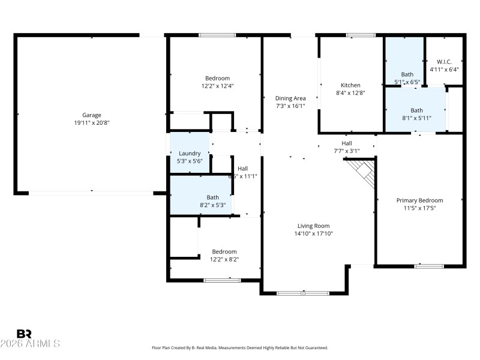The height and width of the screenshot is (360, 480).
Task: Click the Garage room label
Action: click(x=92, y=115)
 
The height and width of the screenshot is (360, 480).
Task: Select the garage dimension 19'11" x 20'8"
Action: click(x=92, y=123)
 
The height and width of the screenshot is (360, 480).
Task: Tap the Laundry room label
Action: click(x=189, y=154)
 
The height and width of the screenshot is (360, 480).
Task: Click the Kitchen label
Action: click(x=350, y=85)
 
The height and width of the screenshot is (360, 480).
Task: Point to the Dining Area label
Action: click(x=290, y=98)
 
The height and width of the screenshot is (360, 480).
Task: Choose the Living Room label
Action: click(x=313, y=226)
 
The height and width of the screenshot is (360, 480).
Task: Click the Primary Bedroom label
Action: click(x=419, y=200)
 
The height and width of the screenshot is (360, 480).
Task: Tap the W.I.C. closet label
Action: click(x=444, y=62)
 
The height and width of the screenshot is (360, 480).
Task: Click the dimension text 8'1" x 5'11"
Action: click(x=416, y=118)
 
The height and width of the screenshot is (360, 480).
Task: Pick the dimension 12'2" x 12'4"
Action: click(x=217, y=86)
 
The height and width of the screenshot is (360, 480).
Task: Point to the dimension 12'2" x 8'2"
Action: click(x=223, y=259)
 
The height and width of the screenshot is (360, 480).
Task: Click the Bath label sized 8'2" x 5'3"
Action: click(x=213, y=197)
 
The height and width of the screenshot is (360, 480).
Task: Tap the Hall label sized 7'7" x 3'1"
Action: click(x=347, y=143)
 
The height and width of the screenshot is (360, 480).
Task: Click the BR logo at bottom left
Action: click(x=24, y=334)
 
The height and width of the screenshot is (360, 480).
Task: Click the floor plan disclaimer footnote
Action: click(x=240, y=348)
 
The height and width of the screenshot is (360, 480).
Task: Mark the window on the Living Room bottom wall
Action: click(x=302, y=293)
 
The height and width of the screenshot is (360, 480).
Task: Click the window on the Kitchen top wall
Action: click(x=361, y=35)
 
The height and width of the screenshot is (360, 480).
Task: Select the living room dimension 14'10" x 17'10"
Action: click(x=313, y=233)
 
